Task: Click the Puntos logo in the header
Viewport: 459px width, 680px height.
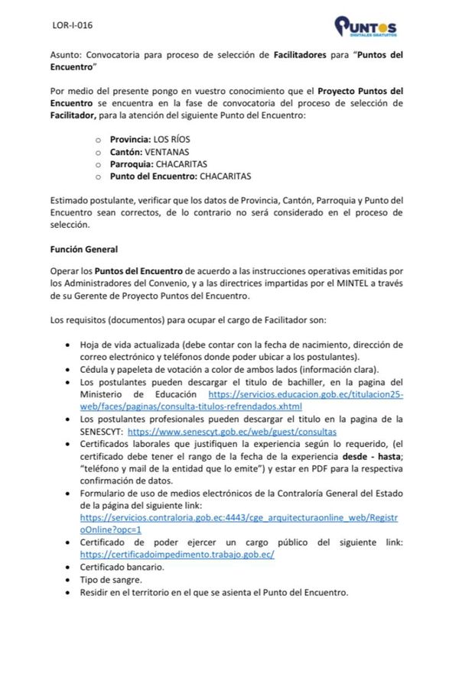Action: (x=365, y=27)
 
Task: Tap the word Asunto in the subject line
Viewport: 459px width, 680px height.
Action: (x=64, y=55)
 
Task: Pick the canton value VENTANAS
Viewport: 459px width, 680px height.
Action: (x=167, y=151)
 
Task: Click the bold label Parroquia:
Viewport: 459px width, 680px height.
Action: (x=132, y=164)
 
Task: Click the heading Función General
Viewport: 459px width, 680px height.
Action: (x=83, y=249)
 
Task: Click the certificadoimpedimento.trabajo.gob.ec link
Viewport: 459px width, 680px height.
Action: (x=177, y=554)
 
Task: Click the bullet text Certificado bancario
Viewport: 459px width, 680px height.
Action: (x=122, y=567)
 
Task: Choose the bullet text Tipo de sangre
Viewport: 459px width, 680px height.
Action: (x=111, y=579)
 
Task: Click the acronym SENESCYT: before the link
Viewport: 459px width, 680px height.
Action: (x=102, y=431)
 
